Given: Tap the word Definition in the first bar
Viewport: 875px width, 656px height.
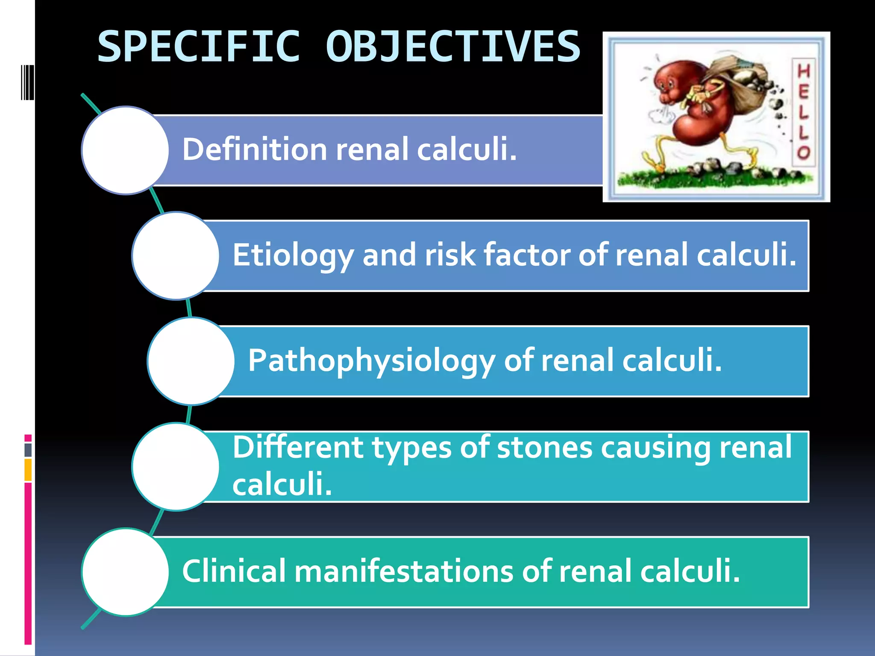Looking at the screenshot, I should coord(255,149).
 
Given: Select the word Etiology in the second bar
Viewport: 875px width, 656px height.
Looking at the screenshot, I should coord(293,255).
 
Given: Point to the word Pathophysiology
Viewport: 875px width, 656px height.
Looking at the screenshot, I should coord(371,361).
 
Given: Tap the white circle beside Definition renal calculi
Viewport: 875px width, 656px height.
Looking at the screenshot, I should coord(125,150).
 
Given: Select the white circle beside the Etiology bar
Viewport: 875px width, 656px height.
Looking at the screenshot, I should coord(176,256).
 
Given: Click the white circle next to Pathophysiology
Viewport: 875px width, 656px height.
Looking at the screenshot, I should coord(191,361).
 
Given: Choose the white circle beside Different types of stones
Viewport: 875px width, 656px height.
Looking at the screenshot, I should coord(176,466).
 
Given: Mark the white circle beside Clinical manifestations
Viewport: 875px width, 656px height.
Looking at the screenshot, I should coord(125,572).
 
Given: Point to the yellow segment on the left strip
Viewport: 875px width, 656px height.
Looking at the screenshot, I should coord(28,470).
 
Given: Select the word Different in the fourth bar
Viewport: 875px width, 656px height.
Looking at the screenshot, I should coord(298,448).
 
